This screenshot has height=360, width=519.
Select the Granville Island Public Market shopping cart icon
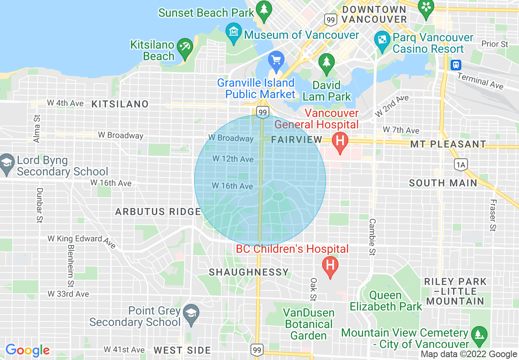click(276, 61)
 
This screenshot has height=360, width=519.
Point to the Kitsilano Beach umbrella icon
click(186, 47)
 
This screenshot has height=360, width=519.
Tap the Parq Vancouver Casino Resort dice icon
click(382, 40)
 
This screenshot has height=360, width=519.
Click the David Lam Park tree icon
click(326, 62)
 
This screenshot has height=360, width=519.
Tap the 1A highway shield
click(460, 164)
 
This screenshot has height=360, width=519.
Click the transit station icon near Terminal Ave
click(456, 65)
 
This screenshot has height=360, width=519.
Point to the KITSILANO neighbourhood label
click(120, 104)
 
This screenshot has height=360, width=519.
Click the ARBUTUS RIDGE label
click(158, 211)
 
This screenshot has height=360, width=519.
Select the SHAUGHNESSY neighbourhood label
click(249, 272)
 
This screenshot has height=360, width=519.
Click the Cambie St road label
click(372, 237)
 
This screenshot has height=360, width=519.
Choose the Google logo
click(27, 350)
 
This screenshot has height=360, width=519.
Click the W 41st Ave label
click(124, 349)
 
